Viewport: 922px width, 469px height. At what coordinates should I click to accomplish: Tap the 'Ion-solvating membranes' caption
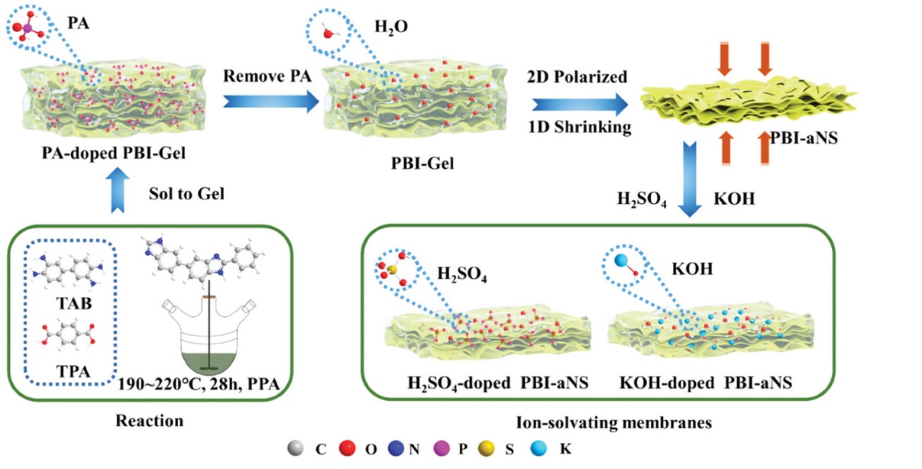pos(600,421)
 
